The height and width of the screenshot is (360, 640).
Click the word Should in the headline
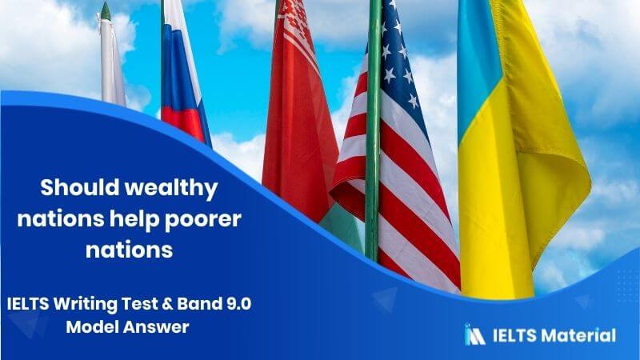click(78, 187)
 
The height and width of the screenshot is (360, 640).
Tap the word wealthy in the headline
click(171, 189)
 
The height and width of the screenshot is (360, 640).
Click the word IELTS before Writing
click(28, 304)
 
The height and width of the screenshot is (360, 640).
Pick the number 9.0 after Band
click(238, 304)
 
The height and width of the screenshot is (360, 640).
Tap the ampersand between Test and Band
click(167, 304)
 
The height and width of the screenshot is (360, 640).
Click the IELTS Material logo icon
click(474, 334)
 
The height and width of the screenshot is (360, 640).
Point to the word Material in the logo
click(580, 335)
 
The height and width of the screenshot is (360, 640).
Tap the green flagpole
click(373, 130)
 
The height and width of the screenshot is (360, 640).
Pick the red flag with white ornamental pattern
click(298, 110)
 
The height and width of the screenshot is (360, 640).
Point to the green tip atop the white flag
click(106, 11)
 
